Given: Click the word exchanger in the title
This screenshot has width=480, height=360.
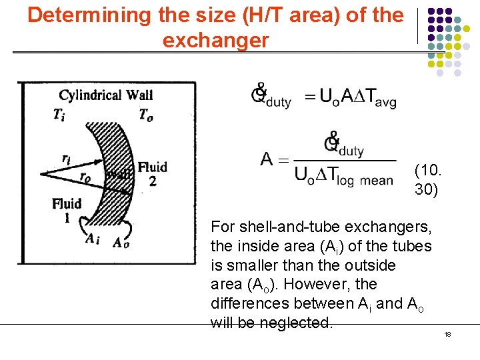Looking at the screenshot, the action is [215, 40].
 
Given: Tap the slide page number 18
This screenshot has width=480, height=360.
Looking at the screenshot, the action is [448, 334].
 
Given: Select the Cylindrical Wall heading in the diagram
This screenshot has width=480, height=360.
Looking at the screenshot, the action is [106, 95].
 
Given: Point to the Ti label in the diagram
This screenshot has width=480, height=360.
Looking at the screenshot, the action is [59, 114].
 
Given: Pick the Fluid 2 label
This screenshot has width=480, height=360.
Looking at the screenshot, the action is [152, 173].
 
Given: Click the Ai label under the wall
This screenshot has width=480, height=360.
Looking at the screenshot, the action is [93, 241].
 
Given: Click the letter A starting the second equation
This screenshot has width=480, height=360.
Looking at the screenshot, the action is [267, 159].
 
